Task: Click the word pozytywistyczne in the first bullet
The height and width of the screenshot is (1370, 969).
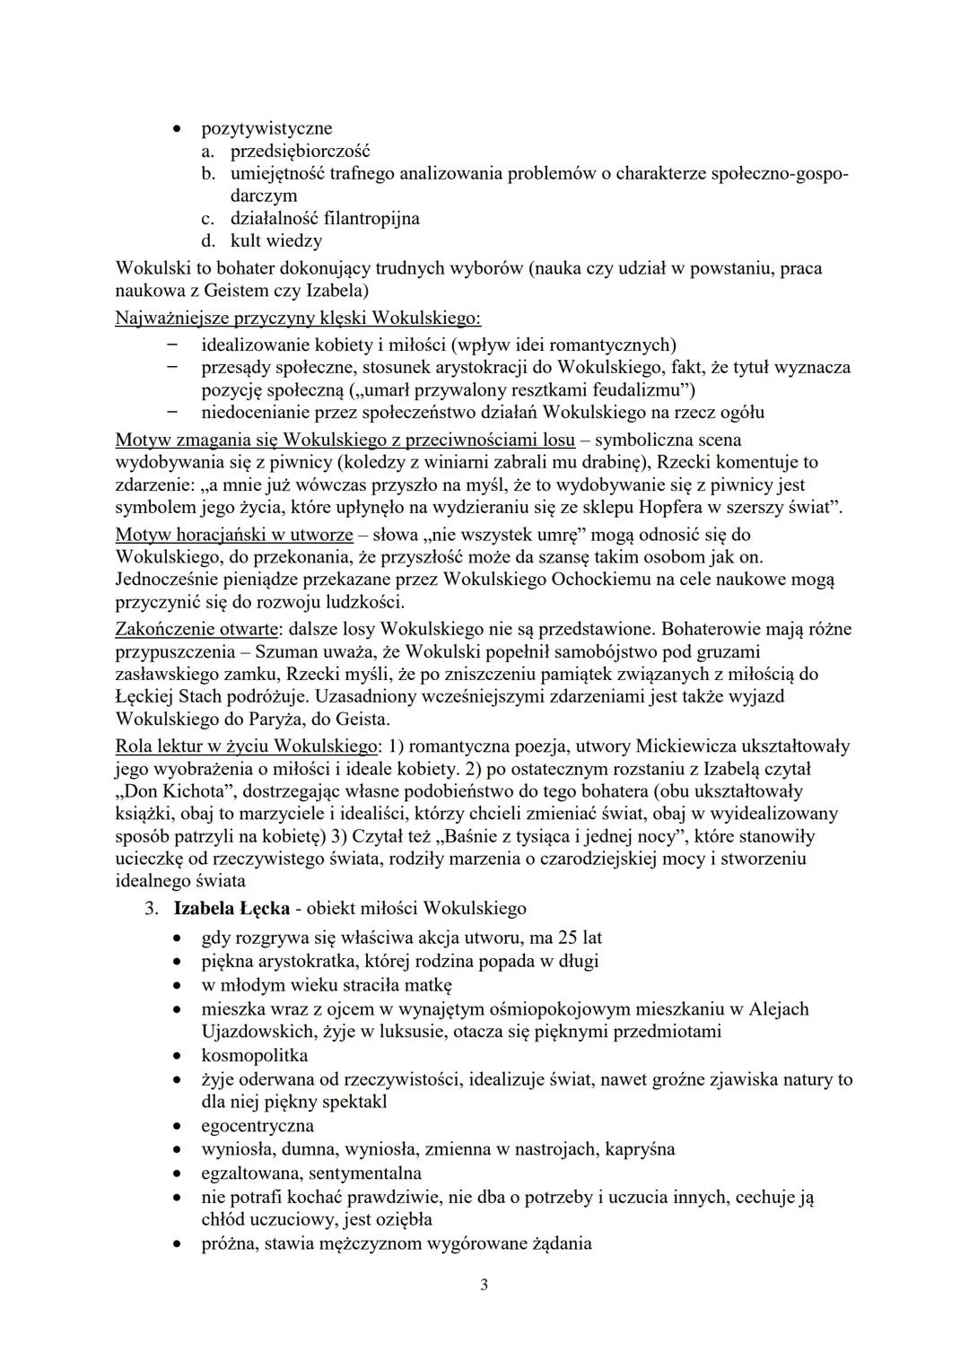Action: pyautogui.click(x=266, y=128)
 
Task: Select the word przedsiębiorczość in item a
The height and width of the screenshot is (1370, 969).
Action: pyautogui.click(x=300, y=151)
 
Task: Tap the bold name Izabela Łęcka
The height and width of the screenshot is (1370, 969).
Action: pyautogui.click(x=231, y=909)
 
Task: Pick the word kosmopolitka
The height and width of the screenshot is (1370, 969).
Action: pyautogui.click(x=255, y=1055)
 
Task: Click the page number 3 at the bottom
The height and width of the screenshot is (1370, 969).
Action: pyautogui.click(x=484, y=1285)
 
